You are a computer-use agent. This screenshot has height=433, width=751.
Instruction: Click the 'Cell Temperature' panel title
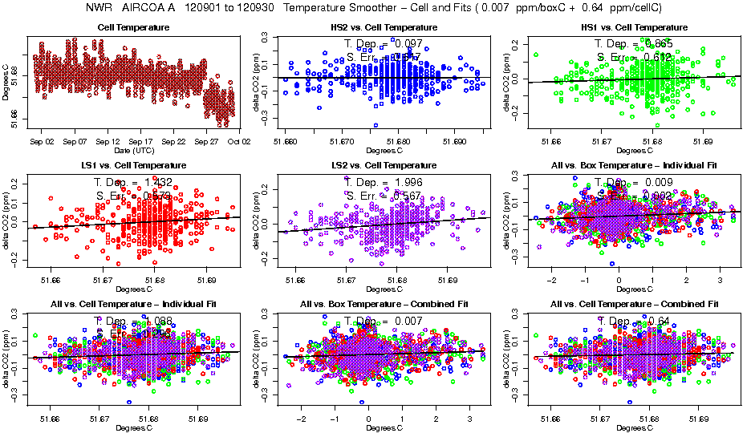(133, 27)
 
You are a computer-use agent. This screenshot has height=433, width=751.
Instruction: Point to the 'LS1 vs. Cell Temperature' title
(133, 166)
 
